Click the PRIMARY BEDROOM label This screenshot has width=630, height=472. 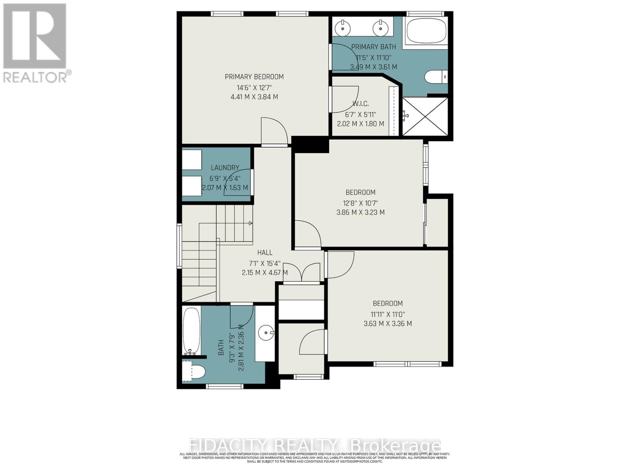click(254, 77)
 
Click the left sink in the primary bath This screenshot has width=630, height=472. click(343, 28)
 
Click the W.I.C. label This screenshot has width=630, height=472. click(360, 104)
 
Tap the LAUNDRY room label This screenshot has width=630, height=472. click(225, 168)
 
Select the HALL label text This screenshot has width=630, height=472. click(265, 253)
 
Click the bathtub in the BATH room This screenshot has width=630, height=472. click(192, 330)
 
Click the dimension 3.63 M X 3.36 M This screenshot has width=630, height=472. click(387, 324)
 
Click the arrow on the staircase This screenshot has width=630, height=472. click(250, 223)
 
